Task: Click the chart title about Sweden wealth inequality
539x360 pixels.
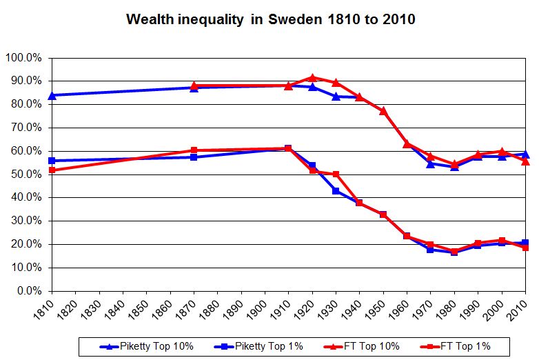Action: pos(270,19)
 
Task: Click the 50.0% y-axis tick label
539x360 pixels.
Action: pos(26,174)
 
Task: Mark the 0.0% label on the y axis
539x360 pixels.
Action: pos(28,291)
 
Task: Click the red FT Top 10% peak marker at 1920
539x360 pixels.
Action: pos(312,78)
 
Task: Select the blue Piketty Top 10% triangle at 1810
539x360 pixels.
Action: pos(52,95)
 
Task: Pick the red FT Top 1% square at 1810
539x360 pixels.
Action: pos(52,170)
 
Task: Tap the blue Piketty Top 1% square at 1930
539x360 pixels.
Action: pos(336,190)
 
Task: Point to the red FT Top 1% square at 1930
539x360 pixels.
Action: pos(336,174)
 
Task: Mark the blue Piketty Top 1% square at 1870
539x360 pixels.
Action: pos(194,157)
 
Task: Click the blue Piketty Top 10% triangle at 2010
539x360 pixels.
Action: pos(525,154)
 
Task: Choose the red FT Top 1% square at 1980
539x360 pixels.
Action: pos(454,251)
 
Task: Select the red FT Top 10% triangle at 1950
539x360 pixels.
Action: pos(383,111)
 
